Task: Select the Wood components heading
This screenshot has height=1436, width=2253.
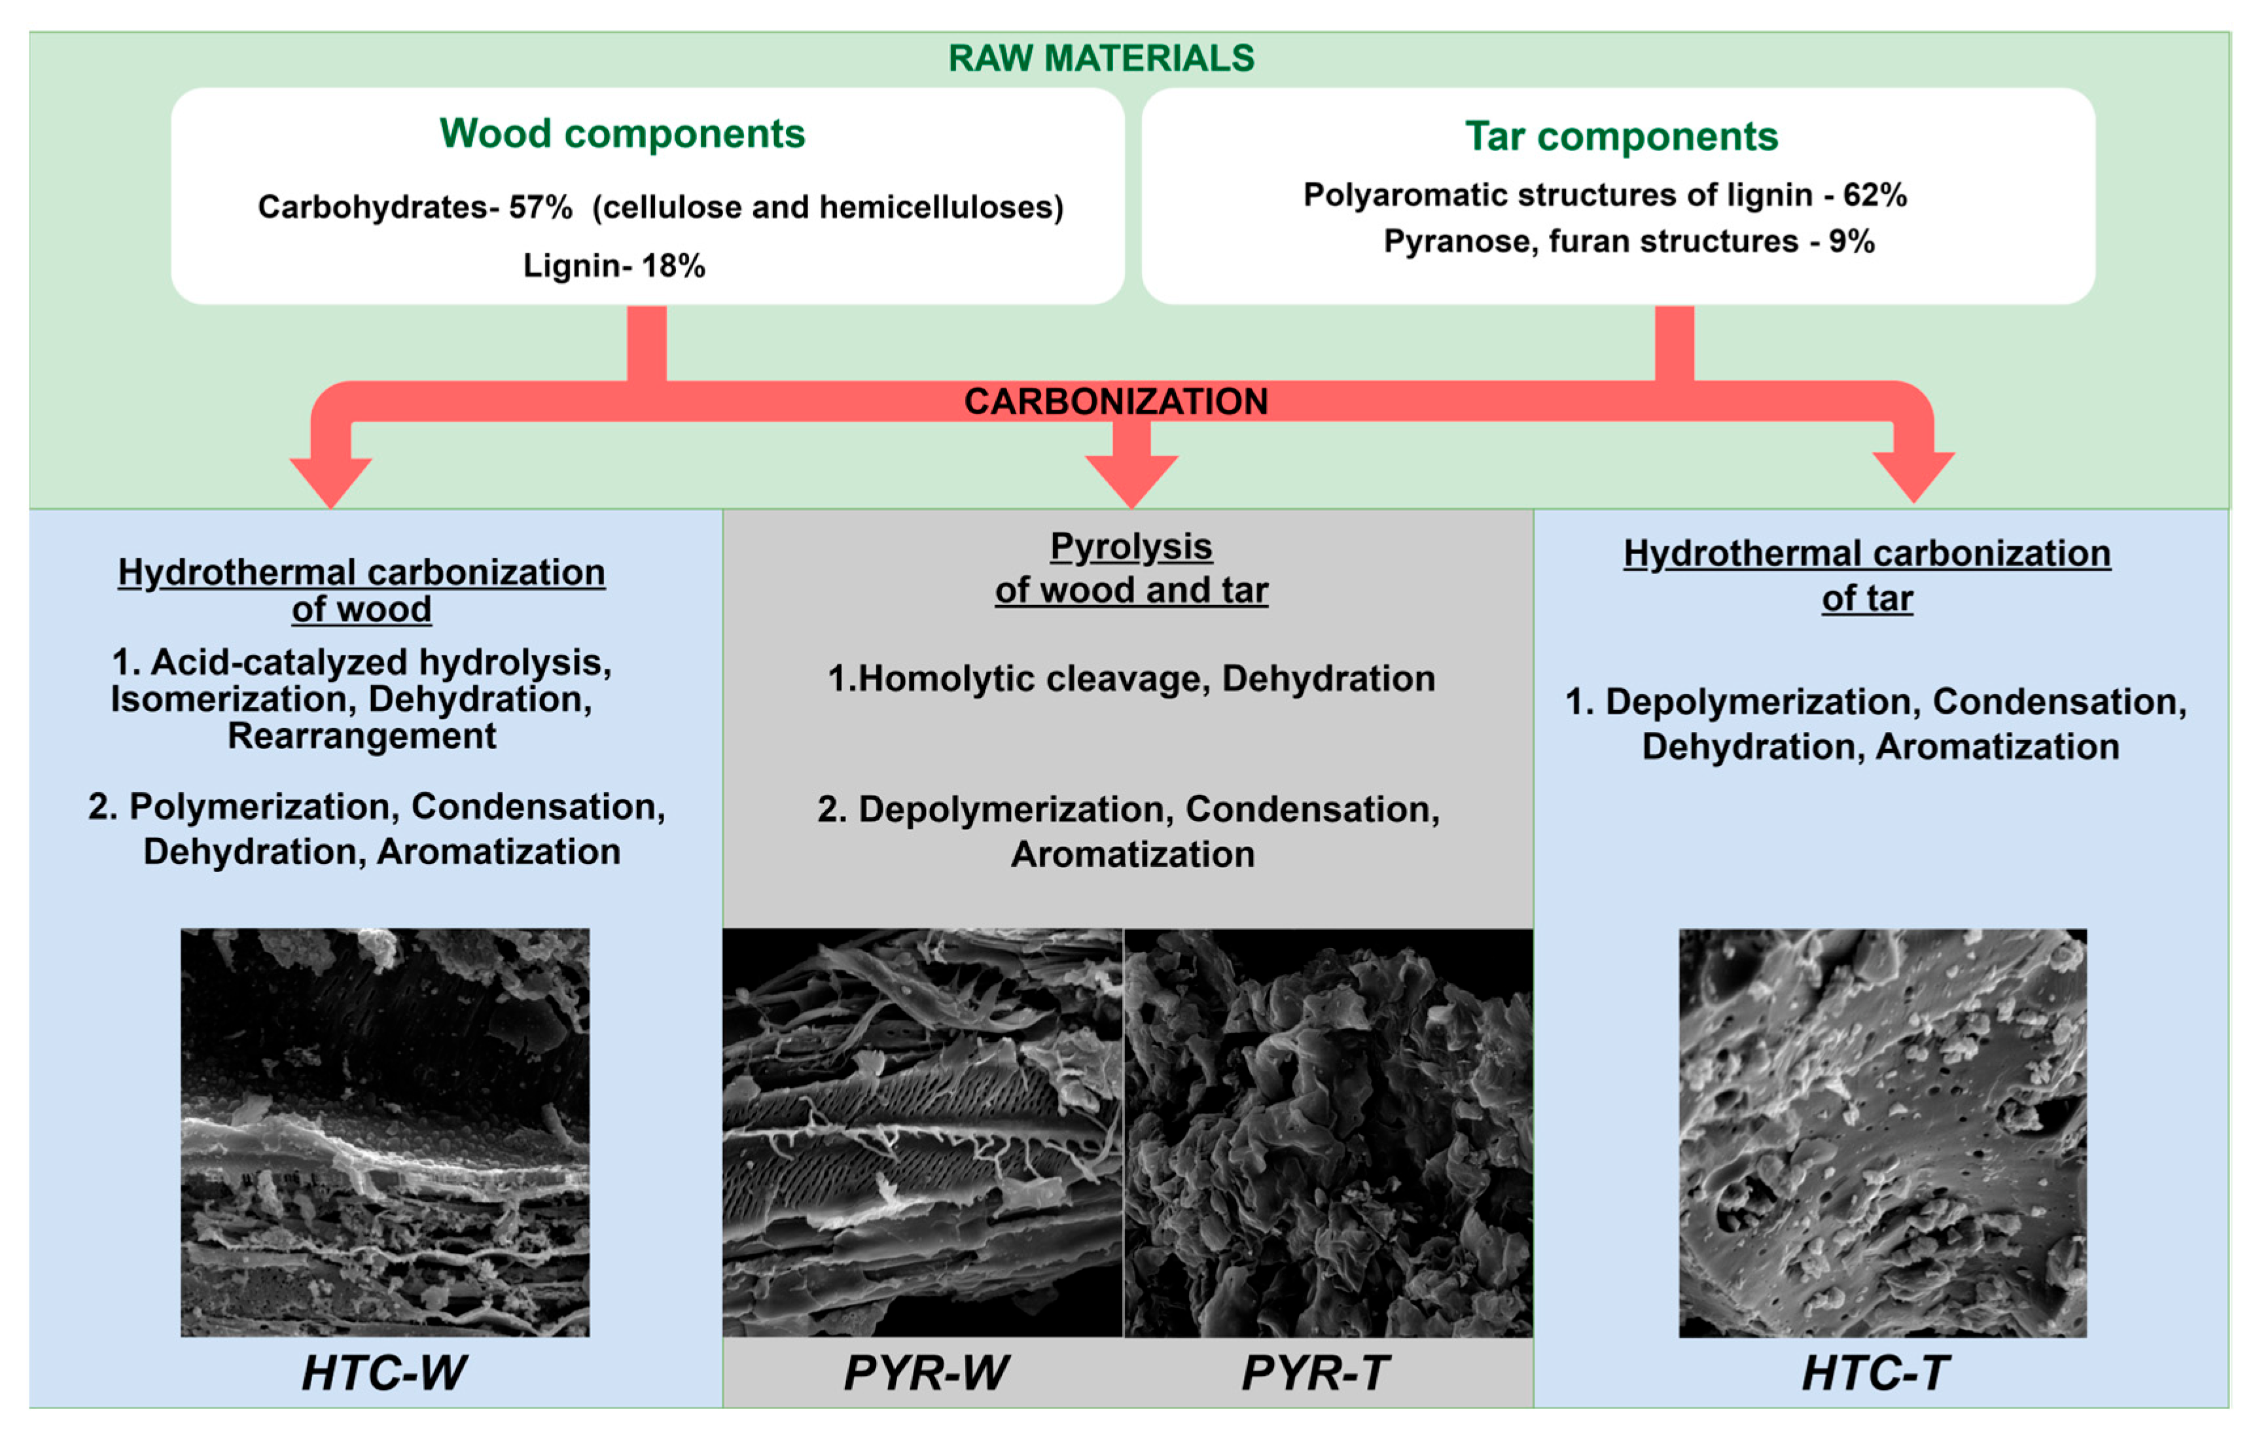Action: click(x=622, y=133)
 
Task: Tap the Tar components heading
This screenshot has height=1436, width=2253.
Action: click(x=1620, y=137)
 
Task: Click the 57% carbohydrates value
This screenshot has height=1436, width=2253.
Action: click(x=541, y=207)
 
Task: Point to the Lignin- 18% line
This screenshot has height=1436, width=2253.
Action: click(x=614, y=266)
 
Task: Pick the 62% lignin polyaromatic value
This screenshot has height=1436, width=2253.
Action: click(x=1875, y=194)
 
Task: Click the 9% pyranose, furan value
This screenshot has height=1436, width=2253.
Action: click(x=1852, y=241)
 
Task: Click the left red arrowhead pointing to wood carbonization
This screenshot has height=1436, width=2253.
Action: click(x=330, y=479)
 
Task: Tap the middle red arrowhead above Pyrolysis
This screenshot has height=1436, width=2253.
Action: click(x=1131, y=477)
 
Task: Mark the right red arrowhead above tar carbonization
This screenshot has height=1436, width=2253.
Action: click(x=1913, y=474)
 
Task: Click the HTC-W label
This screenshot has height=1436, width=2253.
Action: click(x=383, y=1373)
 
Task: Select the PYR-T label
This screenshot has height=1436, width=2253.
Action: click(x=1315, y=1373)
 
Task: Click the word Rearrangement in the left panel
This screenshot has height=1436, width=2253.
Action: click(x=361, y=736)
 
